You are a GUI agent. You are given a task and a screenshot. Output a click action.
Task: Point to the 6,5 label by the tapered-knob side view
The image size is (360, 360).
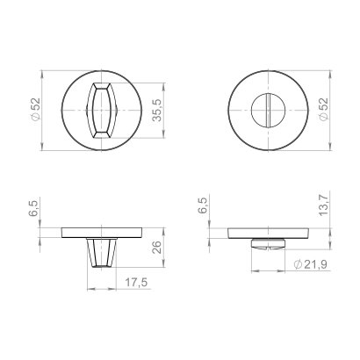(34, 208)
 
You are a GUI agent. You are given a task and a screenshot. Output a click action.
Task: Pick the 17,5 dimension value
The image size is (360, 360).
(132, 282)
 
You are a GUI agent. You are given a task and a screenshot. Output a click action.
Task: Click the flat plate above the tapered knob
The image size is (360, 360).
(103, 233)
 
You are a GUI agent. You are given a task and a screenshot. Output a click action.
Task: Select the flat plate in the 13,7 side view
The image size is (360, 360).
(267, 233)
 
